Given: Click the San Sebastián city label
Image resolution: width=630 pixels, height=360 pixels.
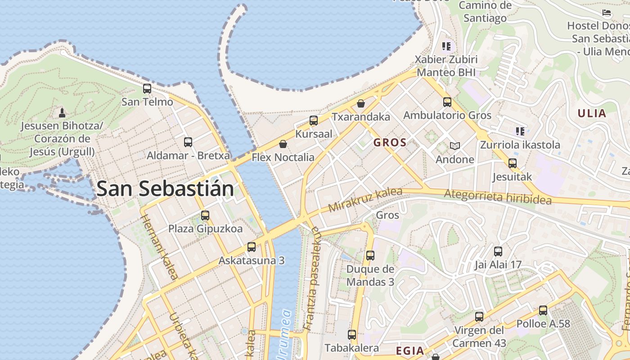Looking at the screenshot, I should (x=165, y=189).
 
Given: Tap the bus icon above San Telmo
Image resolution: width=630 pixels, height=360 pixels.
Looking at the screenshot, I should (x=147, y=89).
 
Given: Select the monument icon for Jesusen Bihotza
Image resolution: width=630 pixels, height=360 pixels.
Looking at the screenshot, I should (x=62, y=112).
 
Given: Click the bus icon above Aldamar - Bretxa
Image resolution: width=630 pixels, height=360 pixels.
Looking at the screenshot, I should (x=188, y=142).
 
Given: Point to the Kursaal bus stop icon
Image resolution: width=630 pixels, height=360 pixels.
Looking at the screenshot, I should (x=314, y=121).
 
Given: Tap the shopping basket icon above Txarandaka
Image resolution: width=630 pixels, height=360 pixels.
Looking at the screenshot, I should (x=361, y=104).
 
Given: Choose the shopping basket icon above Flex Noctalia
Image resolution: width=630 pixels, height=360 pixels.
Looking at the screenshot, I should (x=283, y=144).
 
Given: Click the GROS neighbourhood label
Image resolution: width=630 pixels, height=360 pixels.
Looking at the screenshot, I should (x=390, y=143).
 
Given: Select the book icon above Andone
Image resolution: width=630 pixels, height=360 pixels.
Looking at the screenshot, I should (x=455, y=146).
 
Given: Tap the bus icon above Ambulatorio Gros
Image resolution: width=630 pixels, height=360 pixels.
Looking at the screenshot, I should (x=447, y=102).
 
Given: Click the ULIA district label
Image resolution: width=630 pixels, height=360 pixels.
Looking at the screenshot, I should (x=592, y=113).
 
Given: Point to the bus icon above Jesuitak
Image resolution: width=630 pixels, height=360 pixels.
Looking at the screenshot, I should (x=512, y=163).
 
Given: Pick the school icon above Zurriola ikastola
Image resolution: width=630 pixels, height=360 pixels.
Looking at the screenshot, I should (x=520, y=131).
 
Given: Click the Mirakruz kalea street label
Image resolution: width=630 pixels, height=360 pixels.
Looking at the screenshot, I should (x=365, y=200).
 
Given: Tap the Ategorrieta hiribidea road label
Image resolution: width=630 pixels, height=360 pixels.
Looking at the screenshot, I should (x=498, y=197).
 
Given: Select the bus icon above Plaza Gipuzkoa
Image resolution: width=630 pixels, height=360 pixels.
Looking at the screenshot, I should (x=205, y=216).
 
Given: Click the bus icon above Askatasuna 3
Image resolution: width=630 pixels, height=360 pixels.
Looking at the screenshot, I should (x=252, y=247).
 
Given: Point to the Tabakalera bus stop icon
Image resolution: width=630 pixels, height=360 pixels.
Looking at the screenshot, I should (x=352, y=335).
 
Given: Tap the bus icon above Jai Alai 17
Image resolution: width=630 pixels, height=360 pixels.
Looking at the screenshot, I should (x=498, y=252).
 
